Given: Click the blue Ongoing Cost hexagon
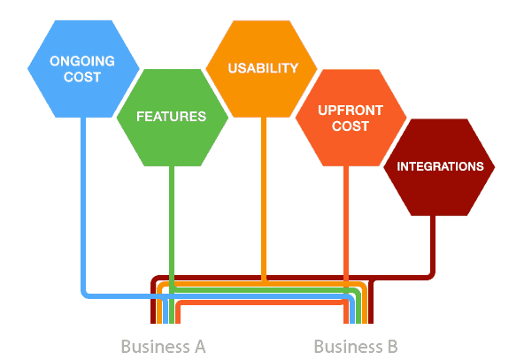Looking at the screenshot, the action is point(83,69).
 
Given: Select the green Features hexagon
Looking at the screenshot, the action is point(172,118).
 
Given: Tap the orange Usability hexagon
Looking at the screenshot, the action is point(261,69).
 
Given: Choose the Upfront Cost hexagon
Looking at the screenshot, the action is point(351,118).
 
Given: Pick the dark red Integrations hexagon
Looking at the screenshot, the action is point(439,167).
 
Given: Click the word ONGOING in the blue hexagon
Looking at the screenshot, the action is point(82,61).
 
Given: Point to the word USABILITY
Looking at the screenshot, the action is point(263,68).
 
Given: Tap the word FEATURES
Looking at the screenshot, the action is point(171,117).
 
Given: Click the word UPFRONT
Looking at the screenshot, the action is point(351,111).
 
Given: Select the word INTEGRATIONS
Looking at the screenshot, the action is point(440,166).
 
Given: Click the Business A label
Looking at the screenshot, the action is point(163,347).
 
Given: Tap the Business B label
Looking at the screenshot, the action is point(356,347).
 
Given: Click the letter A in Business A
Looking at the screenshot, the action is point(200,347).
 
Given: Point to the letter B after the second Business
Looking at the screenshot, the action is point(393,347).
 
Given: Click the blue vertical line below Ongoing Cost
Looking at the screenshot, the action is point(83,203).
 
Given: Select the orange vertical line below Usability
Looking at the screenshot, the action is point(264,199).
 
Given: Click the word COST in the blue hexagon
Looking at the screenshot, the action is point(82,77).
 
